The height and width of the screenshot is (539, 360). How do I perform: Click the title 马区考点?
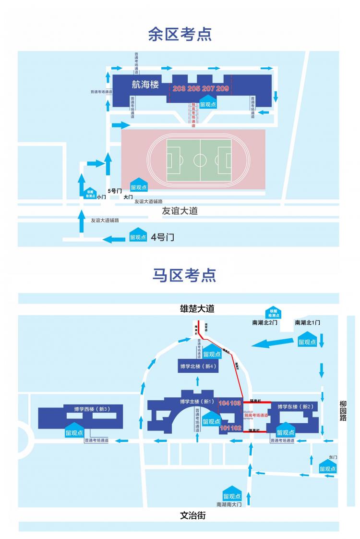tap(184, 275)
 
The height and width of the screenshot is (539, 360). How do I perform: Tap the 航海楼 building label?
tap(145, 85)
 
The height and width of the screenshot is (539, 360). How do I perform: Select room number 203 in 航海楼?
tap(179, 88)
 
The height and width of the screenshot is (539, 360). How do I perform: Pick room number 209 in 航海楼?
tap(223, 88)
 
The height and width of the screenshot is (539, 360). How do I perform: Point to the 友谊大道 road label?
tap(180, 210)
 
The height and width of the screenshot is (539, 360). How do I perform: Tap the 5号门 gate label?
tap(115, 191)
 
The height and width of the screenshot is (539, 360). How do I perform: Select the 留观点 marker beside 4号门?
tap(138, 235)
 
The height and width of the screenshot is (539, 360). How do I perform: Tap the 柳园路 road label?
tap(343, 411)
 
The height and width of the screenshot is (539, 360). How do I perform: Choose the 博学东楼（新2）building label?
tap(295, 407)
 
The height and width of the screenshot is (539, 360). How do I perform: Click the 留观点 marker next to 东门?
tap(327, 467)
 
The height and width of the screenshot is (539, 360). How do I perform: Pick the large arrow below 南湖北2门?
tap(272, 343)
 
